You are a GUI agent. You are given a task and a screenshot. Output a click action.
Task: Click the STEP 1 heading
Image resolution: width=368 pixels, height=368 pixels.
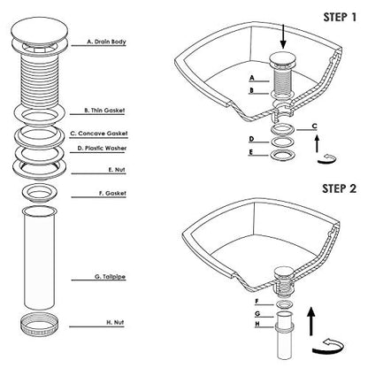coord(340,17)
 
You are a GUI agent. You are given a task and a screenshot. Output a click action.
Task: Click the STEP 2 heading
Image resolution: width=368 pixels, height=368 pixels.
coord(339,188)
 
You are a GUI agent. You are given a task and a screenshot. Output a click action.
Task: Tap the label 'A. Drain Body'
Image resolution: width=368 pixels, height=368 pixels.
coord(106,42)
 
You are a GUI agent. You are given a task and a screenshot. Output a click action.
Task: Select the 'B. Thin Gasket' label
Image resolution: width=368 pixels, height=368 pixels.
coord(104,111)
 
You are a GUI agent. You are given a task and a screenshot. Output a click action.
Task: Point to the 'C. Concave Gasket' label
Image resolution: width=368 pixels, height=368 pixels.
coord(99,134)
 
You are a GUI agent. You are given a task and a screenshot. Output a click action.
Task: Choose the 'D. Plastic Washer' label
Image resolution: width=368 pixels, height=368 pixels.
coord(102,148)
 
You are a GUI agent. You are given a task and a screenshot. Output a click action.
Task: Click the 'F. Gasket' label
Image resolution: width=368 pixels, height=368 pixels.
coord(112,193)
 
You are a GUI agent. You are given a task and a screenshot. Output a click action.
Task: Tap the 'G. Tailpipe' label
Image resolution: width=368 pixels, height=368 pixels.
coord(110,277)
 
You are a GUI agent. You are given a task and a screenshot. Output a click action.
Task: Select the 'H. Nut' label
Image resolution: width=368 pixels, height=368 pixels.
coord(115,322)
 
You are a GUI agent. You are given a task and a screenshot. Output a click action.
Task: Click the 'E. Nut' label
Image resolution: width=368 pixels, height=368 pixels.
coord(117,170)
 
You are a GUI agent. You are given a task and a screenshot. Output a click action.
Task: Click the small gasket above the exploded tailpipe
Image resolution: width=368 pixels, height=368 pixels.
coord(40,192)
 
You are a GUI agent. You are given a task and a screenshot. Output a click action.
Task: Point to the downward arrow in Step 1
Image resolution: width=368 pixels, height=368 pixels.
coord(283,37)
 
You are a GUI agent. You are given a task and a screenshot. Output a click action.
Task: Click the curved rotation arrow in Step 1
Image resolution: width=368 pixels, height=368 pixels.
coord(327,158)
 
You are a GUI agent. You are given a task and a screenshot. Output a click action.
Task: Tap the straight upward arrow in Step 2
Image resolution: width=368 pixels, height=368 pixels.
coord(310,321)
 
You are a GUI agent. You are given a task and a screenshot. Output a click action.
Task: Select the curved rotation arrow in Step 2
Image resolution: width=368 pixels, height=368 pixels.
coord(327,347)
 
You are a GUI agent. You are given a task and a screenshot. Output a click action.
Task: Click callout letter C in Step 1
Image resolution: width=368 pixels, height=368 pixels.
coord(315,126)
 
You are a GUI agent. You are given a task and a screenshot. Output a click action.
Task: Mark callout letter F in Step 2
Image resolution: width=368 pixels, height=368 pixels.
coord(257,302)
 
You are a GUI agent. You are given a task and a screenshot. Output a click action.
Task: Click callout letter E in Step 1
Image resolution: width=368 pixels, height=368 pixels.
coord(251,152)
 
